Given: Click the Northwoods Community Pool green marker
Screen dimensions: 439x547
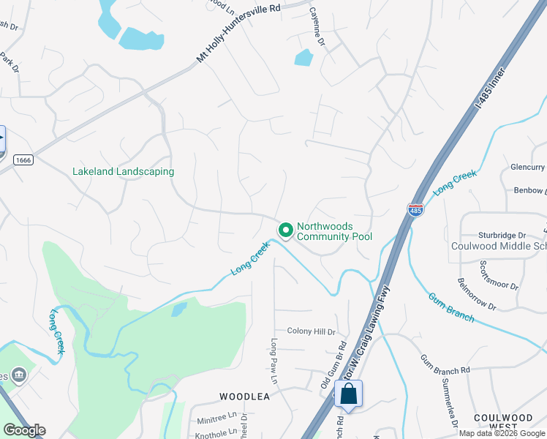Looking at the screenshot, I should tap(285, 230).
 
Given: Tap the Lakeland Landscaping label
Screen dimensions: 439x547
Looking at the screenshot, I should tap(123, 172).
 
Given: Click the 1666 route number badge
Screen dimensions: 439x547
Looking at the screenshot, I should tap(23, 160).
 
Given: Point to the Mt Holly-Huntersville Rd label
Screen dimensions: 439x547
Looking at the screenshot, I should tap(239, 34).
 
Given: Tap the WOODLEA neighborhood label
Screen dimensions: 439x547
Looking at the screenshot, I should tap(245, 397).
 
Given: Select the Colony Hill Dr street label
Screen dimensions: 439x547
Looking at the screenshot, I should tap(311, 331).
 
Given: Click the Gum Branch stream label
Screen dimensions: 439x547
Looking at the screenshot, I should tap(451, 308).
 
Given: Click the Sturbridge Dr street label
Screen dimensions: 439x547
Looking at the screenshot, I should tap(502, 235).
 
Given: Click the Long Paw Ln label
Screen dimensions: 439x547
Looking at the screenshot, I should tap(275, 361).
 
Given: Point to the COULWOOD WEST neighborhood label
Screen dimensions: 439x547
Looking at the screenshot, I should tap(503, 422).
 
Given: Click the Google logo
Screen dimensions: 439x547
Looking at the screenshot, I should tap(24, 430).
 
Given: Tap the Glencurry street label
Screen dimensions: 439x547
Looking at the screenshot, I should tap(529, 166).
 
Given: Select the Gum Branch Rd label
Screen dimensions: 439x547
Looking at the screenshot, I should tap(445, 363).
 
